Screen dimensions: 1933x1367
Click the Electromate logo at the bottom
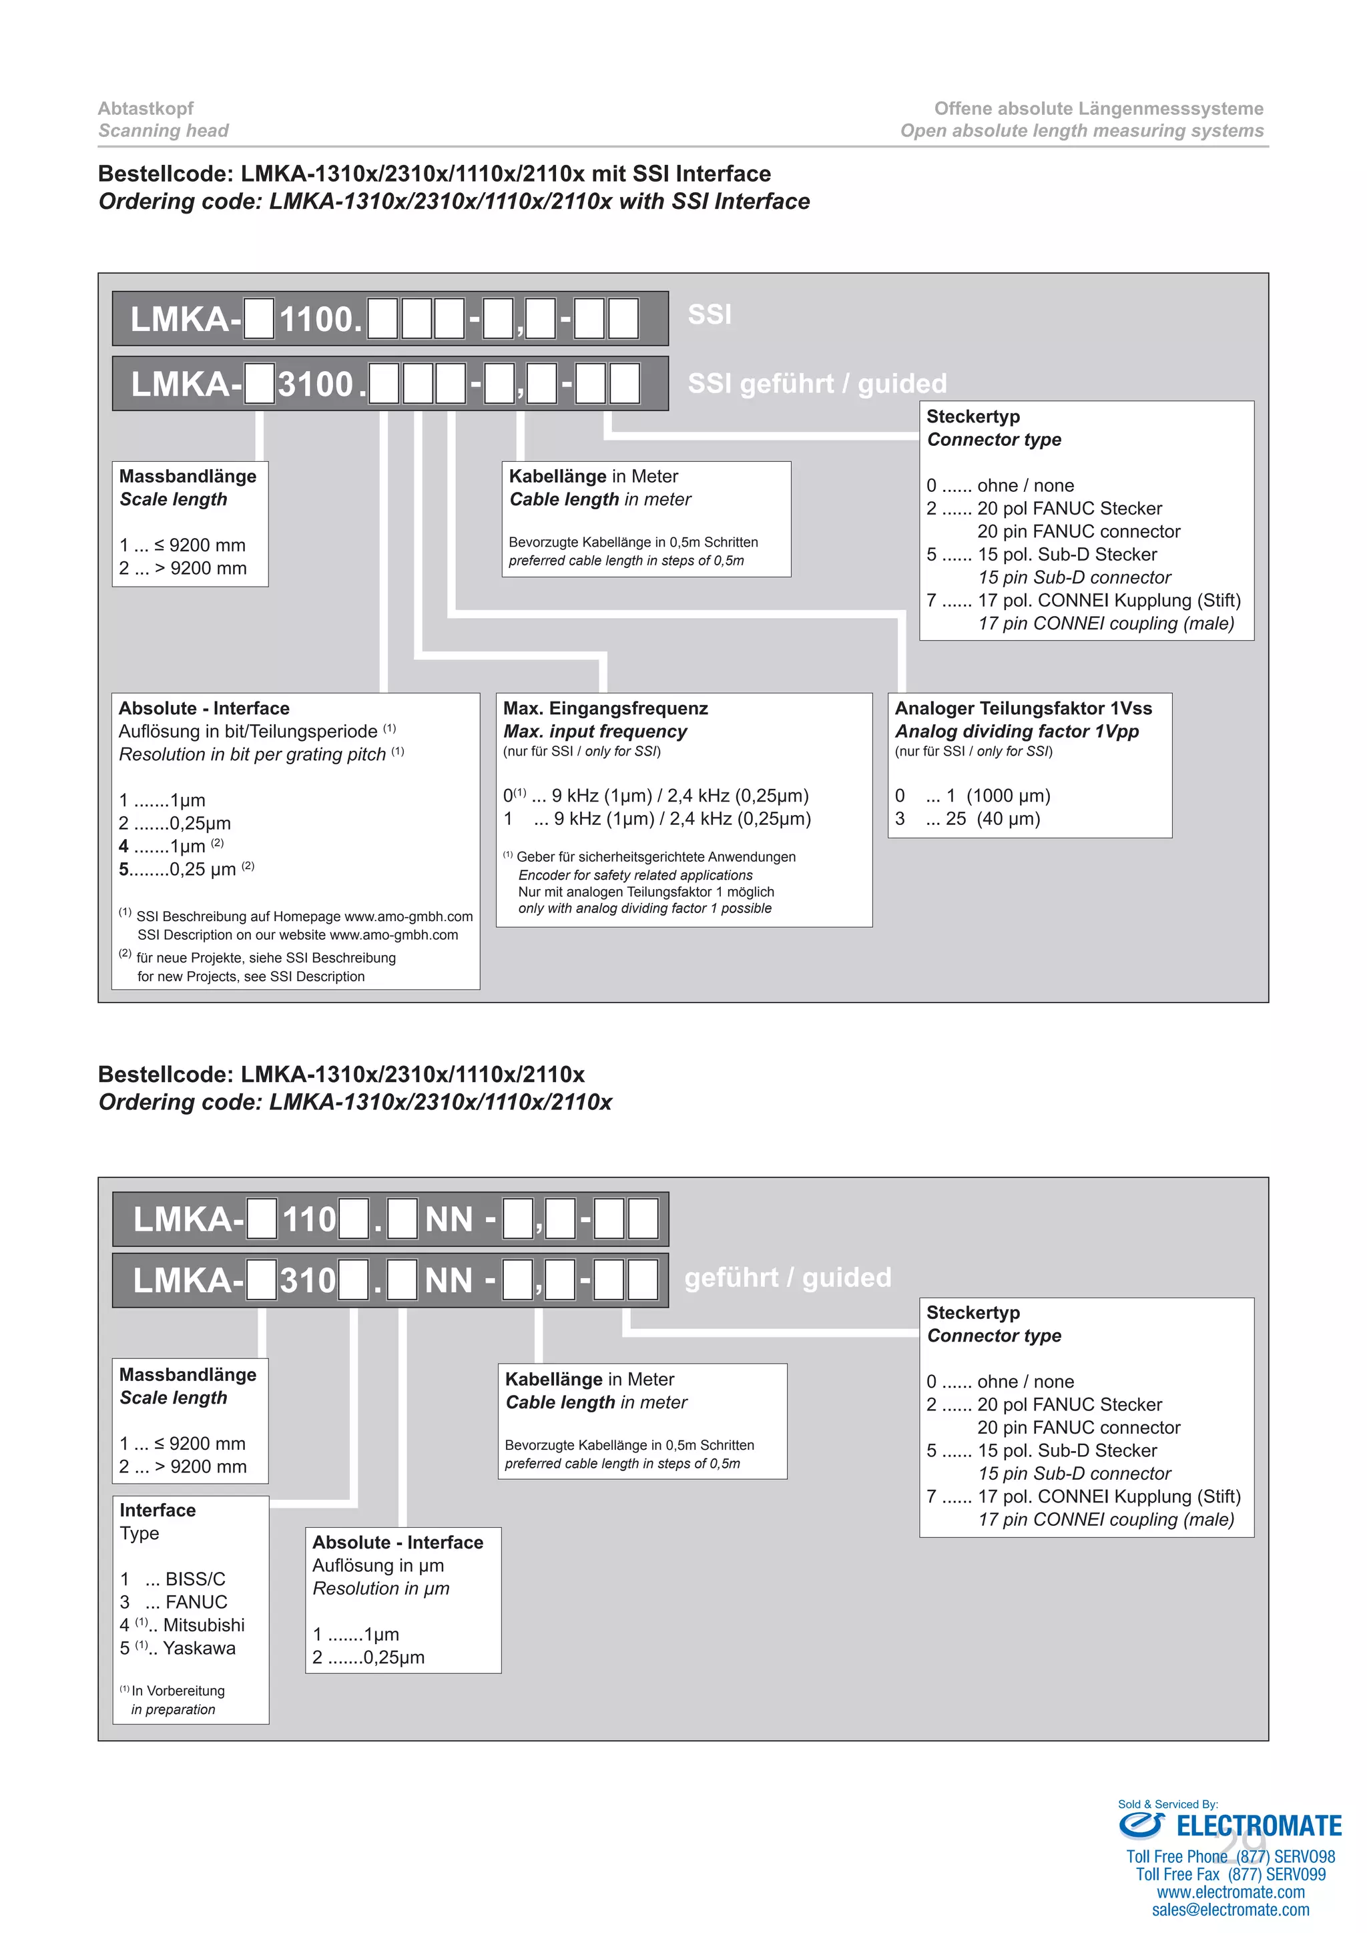(1229, 1826)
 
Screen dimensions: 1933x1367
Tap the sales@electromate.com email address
(1231, 1910)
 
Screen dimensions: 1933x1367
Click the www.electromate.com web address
(1231, 1892)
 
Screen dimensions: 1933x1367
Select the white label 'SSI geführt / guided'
(816, 384)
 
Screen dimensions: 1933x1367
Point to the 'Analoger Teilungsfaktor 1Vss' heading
(1023, 708)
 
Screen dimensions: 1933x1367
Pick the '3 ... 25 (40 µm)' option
(967, 818)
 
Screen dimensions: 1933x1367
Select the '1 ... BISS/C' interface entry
(173, 1579)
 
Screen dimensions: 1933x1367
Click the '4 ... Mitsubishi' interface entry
(182, 1625)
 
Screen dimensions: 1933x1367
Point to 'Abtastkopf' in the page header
(146, 109)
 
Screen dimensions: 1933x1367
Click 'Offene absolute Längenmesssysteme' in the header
(1099, 109)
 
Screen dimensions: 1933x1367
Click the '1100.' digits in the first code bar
(320, 320)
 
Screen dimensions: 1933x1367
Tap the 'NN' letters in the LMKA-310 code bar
(449, 1280)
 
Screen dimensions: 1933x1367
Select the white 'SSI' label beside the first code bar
(710, 315)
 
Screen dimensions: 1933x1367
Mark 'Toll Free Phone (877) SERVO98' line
(1231, 1856)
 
